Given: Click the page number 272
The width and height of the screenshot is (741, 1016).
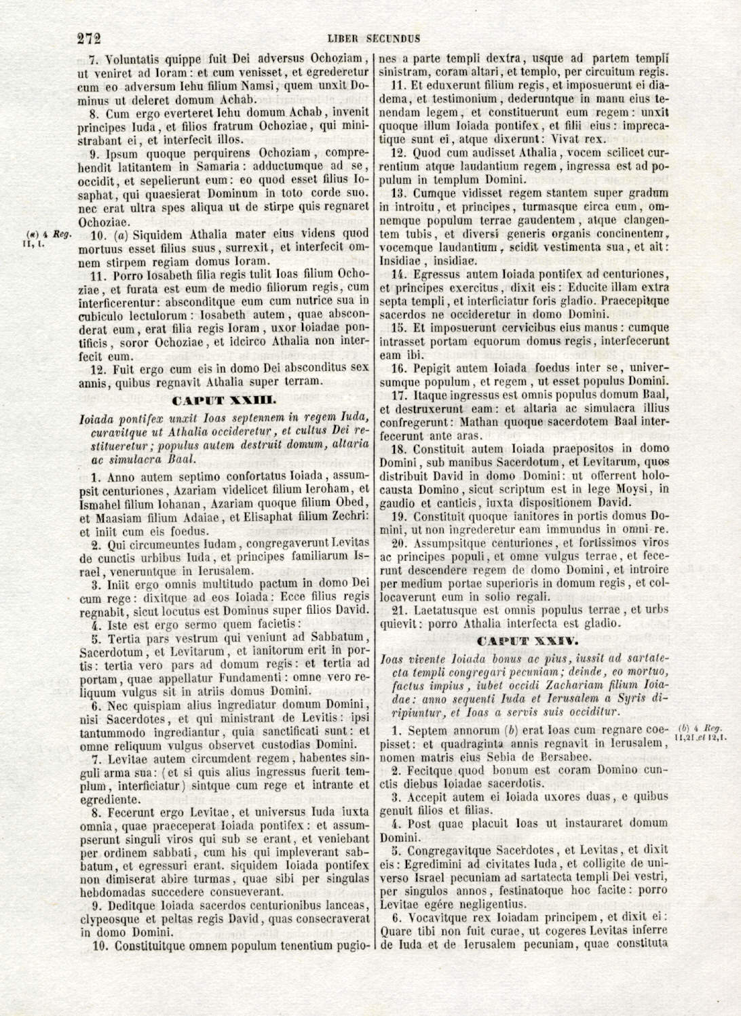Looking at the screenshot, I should pyautogui.click(x=89, y=38).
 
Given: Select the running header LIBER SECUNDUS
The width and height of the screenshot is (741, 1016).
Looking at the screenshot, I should pyautogui.click(x=373, y=39).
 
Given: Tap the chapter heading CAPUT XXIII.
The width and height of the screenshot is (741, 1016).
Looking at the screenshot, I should pyautogui.click(x=224, y=400).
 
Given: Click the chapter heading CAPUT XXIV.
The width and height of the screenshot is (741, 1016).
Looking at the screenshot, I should pyautogui.click(x=527, y=641).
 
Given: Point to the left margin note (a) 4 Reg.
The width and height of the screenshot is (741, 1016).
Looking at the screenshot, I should pyautogui.click(x=43, y=235).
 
